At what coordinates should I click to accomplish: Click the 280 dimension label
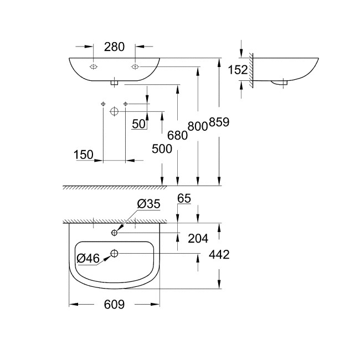[114, 47]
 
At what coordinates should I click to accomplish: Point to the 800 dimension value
[198, 126]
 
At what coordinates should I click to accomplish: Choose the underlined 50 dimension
[139, 125]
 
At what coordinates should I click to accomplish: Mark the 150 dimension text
[84, 156]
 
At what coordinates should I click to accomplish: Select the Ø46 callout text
[89, 258]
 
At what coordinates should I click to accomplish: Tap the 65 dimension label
[184, 198]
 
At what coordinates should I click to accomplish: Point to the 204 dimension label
[197, 239]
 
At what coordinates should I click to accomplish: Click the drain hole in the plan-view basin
[115, 254]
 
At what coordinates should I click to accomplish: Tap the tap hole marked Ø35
[115, 232]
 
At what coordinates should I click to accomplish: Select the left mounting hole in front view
[93, 67]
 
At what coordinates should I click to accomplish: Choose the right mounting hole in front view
[135, 67]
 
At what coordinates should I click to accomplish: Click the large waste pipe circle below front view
[114, 111]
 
